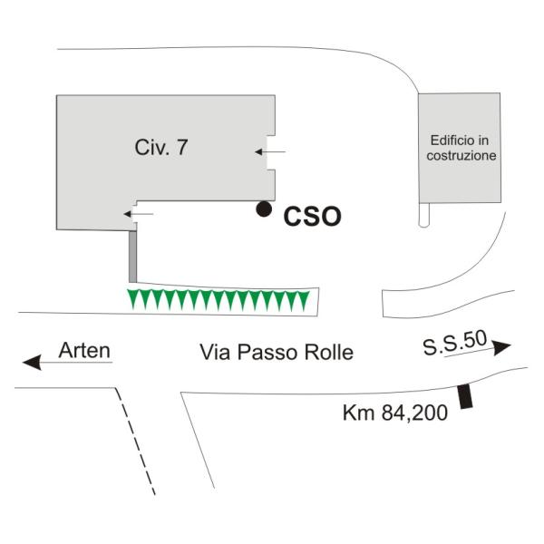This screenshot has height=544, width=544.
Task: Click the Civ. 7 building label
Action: pyautogui.click(x=161, y=148)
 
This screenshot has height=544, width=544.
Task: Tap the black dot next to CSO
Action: pyautogui.click(x=263, y=209)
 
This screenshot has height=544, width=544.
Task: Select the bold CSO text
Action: pyautogui.click(x=312, y=217)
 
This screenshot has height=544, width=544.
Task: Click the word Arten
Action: pyautogui.click(x=84, y=349)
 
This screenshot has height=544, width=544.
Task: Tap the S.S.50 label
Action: pyautogui.click(x=453, y=344)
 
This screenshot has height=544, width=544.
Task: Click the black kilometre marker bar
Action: pyautogui.click(x=466, y=397)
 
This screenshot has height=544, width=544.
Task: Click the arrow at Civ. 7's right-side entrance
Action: pyautogui.click(x=277, y=151)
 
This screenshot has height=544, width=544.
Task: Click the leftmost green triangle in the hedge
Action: pyautogui.click(x=134, y=300)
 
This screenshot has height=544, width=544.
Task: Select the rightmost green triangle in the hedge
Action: pyautogui.click(x=304, y=300)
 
